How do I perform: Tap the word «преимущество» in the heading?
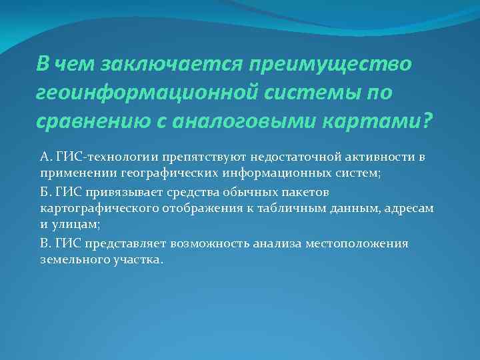331,65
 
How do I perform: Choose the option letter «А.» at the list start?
46,157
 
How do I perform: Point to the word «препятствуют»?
194,157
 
